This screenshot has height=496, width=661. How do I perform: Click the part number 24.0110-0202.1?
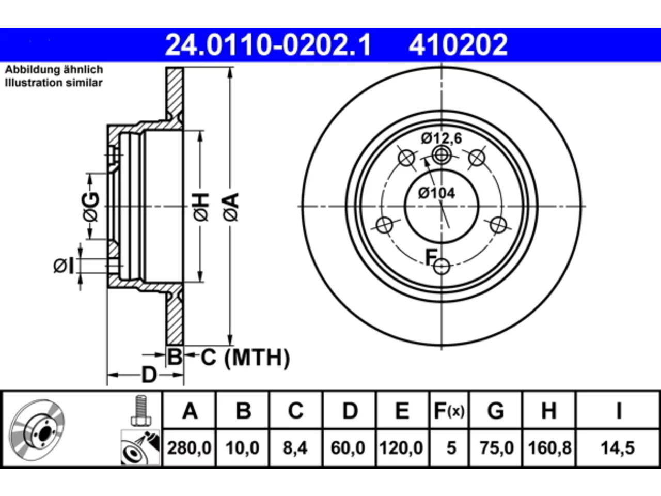(x=268, y=45)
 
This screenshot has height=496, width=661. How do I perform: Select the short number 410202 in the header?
(x=458, y=45)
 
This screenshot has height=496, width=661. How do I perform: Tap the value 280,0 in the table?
(x=189, y=448)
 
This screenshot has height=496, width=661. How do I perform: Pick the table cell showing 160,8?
(x=549, y=448)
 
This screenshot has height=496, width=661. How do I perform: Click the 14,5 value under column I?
(x=618, y=448)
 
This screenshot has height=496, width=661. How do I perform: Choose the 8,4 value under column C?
(x=295, y=448)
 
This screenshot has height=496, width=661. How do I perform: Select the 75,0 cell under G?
(x=497, y=448)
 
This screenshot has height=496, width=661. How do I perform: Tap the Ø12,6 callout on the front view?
(x=441, y=138)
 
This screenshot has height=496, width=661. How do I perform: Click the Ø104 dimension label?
(x=436, y=193)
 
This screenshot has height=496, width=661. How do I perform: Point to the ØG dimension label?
(x=91, y=207)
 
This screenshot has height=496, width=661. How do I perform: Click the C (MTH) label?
(x=245, y=358)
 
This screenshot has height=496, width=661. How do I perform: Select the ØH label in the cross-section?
(x=201, y=207)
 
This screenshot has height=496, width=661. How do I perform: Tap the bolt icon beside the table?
(x=141, y=410)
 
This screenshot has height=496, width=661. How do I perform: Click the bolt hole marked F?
(x=442, y=266)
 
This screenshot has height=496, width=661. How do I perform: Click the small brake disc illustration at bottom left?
(x=37, y=430)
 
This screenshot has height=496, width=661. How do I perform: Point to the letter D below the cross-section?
(x=149, y=375)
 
